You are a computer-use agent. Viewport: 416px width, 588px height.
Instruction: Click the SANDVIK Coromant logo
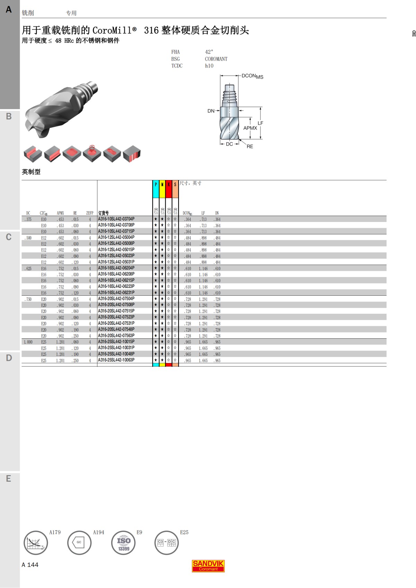[208, 566]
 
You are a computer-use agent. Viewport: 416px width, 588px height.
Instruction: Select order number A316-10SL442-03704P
[116, 219]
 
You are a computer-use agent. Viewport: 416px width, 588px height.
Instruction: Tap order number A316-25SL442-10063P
[116, 360]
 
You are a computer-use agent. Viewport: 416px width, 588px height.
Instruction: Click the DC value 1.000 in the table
[28, 342]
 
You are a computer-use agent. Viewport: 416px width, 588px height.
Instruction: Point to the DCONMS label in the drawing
[252, 76]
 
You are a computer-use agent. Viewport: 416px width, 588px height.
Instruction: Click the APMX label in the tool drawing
[250, 128]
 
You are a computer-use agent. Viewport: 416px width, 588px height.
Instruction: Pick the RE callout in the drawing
[250, 146]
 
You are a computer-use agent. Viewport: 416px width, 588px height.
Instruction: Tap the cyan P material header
[156, 189]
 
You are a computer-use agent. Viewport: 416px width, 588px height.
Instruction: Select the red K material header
[168, 189]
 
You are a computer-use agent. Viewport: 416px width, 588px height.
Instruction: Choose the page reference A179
[55, 532]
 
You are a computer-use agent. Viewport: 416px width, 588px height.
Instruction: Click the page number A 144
[30, 565]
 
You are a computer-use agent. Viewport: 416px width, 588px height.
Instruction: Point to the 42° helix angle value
[209, 52]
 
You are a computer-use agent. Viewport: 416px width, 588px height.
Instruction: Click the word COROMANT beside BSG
[216, 59]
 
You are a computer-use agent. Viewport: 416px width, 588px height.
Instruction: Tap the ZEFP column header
[90, 213]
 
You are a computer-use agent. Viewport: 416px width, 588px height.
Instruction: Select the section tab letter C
[9, 237]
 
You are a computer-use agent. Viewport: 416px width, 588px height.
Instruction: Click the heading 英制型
[31, 172]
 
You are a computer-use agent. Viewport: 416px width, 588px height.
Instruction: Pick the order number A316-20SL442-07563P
[116, 336]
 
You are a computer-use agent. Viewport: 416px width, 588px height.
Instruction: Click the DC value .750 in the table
[28, 299]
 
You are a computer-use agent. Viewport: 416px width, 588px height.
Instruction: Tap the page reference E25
[184, 532]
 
